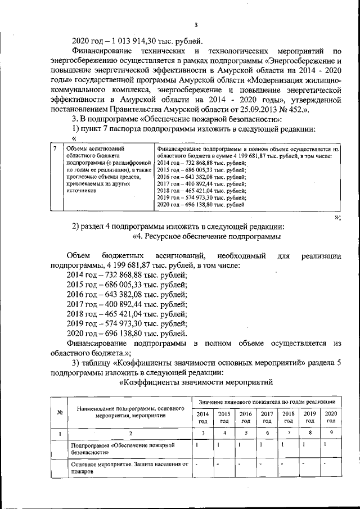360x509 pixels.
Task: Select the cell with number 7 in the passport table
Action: coord(54,149)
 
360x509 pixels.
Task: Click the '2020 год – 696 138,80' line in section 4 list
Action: coord(127,334)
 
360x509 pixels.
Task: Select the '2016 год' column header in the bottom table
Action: coord(246,417)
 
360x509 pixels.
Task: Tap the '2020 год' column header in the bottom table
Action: coord(331,417)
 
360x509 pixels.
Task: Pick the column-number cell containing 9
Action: coord(331,433)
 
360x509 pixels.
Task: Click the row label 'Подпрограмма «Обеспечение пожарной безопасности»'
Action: coord(124,448)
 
